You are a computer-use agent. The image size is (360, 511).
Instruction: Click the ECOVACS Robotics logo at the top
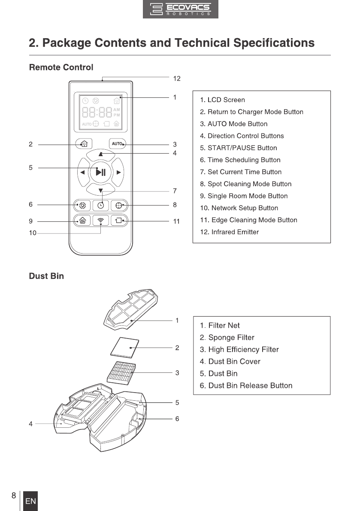pyautogui.click(x=180, y=9)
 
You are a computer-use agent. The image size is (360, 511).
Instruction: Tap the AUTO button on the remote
pyautogui.click(x=118, y=144)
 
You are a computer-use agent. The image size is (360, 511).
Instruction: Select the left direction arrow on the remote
pyautogui.click(x=82, y=172)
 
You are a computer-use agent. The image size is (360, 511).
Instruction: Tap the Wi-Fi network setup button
pyautogui.click(x=101, y=221)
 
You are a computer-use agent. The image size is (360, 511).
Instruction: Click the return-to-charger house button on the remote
pyautogui.click(x=84, y=144)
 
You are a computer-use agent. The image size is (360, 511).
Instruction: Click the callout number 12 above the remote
pyautogui.click(x=177, y=79)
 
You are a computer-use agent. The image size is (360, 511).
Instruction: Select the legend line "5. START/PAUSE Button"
pyautogui.click(x=239, y=148)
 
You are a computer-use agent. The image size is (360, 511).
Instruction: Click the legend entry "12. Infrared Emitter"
pyautogui.click(x=230, y=232)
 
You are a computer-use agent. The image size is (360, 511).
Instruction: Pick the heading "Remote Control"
pyautogui.click(x=61, y=67)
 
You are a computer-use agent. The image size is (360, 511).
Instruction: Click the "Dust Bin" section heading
pyautogui.click(x=46, y=276)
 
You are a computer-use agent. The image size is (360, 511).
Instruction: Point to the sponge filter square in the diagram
pyautogui.click(x=125, y=346)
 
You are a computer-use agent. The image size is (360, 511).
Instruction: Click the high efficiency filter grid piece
pyautogui.click(x=123, y=372)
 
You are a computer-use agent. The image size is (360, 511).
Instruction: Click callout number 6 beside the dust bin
pyautogui.click(x=177, y=419)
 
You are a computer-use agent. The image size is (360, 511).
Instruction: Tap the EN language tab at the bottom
pyautogui.click(x=30, y=501)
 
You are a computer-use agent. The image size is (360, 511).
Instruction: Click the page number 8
pyautogui.click(x=14, y=496)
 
